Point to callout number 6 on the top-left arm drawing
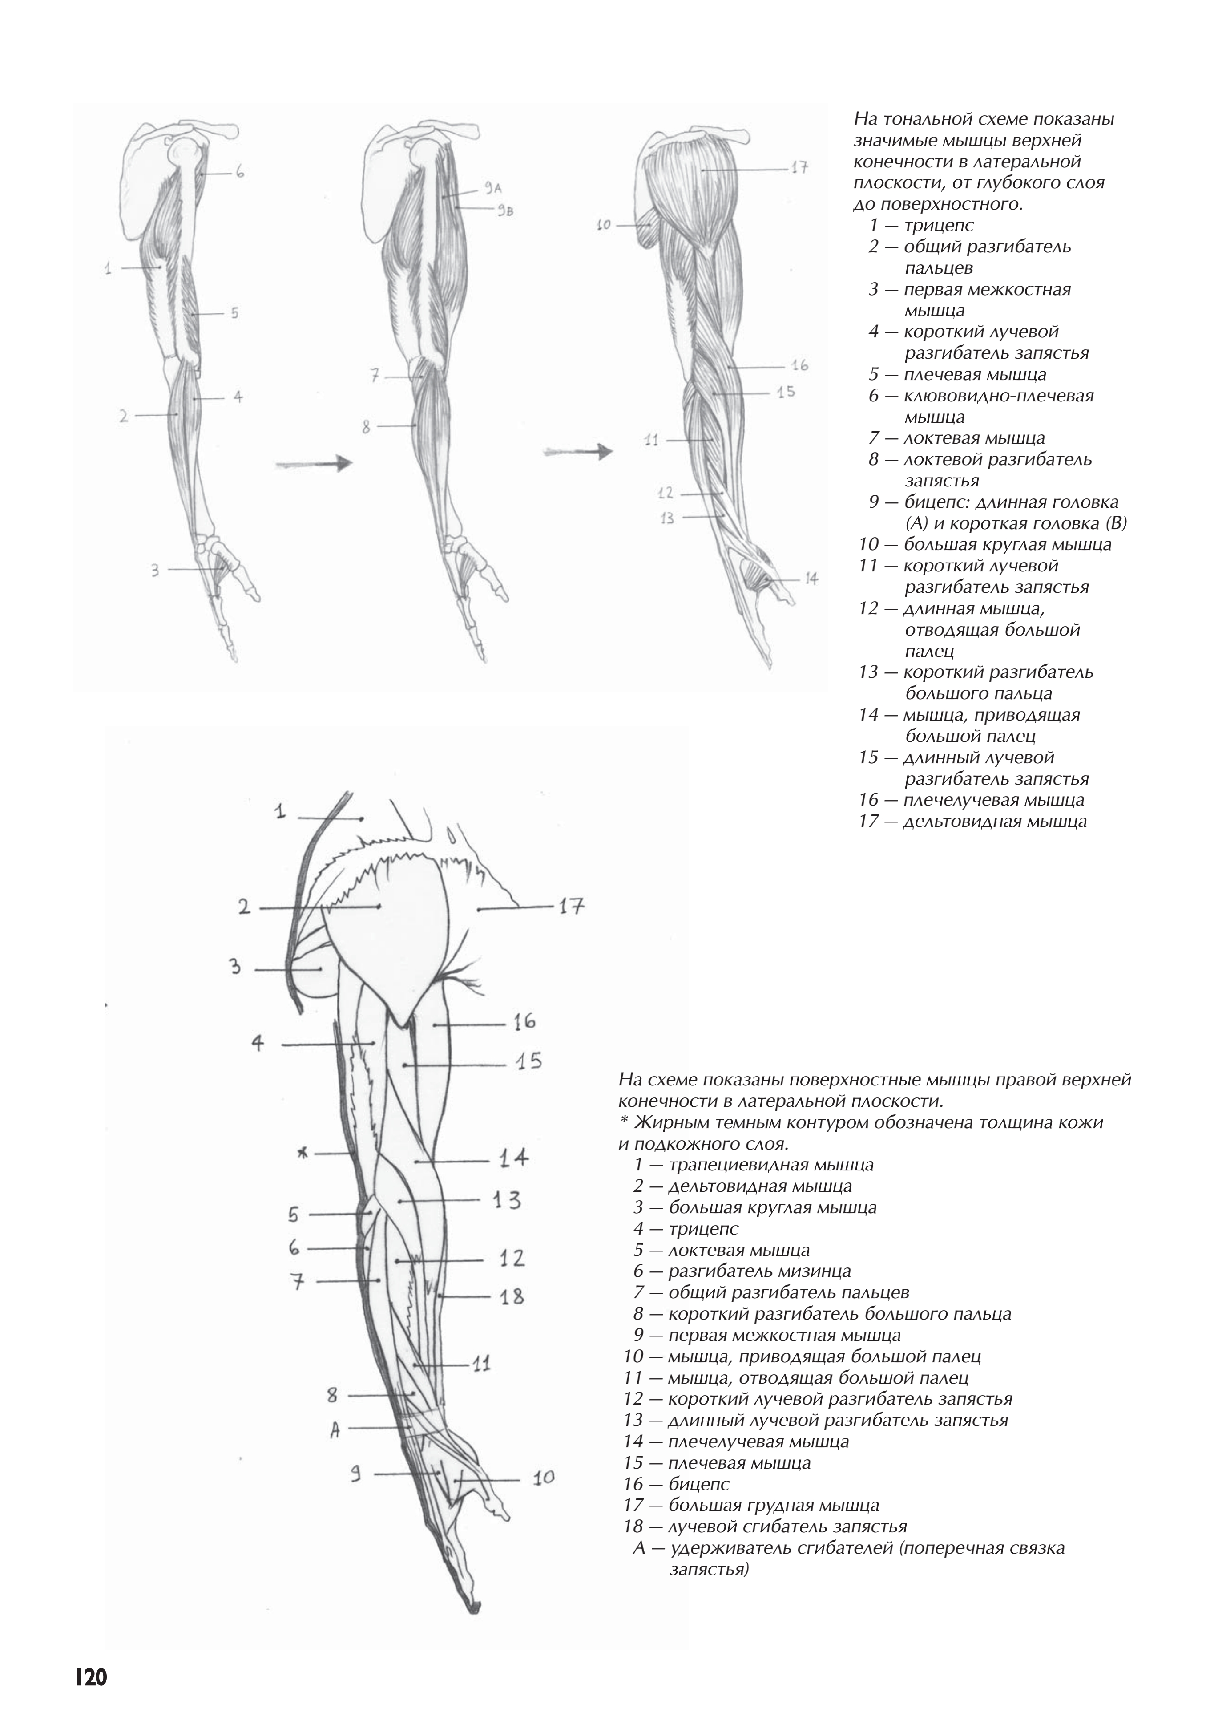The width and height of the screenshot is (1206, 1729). coord(239,172)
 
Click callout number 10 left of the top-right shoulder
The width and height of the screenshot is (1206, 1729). coord(603,224)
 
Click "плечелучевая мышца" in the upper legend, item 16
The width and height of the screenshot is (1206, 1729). coord(994,800)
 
